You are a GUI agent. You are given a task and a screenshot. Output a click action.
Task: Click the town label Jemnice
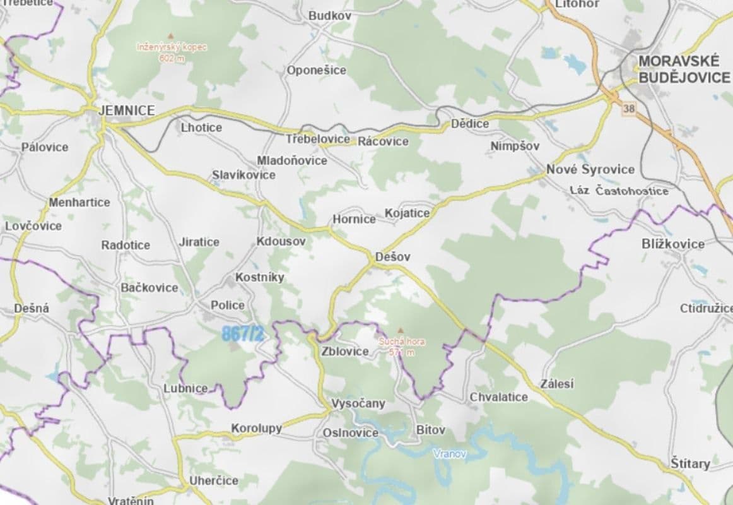tap(127, 110)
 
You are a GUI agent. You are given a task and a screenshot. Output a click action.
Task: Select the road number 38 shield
tap(628, 109)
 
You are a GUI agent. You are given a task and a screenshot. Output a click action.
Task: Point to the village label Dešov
tap(392, 257)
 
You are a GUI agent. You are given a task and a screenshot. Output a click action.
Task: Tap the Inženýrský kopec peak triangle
tap(170, 35)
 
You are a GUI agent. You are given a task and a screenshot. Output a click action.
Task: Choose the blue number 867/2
tap(242, 335)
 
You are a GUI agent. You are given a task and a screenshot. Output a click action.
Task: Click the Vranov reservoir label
tap(450, 453)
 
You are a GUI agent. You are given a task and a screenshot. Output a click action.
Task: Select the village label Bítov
tap(431, 430)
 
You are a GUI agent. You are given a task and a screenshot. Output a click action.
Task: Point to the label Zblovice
tap(344, 352)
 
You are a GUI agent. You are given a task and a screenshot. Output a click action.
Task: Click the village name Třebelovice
tap(318, 139)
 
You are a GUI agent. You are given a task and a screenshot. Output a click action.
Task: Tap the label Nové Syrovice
tap(590, 169)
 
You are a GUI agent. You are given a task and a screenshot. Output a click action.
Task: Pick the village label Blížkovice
tap(672, 244)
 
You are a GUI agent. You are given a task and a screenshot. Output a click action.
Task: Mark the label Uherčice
tap(214, 480)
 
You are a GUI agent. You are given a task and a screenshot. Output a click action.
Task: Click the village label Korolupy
tap(256, 428)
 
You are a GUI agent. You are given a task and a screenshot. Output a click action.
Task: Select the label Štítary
tap(690, 464)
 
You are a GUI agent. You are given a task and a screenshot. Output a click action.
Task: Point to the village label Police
tap(228, 305)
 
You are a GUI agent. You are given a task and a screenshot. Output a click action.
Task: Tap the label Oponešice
tap(317, 70)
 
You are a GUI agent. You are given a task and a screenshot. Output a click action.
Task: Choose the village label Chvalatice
tap(498, 397)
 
